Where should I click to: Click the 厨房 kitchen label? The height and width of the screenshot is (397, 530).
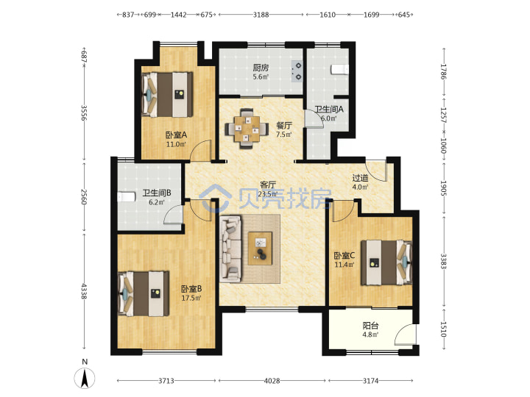tap(261, 68)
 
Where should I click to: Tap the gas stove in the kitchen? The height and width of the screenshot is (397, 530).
tap(297, 71)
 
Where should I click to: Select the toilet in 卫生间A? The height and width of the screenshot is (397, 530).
tap(339, 69)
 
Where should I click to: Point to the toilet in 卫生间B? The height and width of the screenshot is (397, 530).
tap(126, 197)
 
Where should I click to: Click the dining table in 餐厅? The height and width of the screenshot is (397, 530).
tap(247, 128)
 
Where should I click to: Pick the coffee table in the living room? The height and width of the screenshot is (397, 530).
tap(260, 248)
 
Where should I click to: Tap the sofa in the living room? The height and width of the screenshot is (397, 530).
tap(231, 248)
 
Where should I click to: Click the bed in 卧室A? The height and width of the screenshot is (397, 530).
tap(167, 95)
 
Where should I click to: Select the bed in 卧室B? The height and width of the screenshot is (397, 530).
tap(144, 293)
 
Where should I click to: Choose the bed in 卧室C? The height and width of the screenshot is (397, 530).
tap(386, 262)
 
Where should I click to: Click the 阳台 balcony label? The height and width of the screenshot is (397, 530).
tap(370, 326)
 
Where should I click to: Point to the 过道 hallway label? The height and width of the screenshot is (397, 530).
tap(360, 178)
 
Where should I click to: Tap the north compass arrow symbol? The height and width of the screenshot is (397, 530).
tap(85, 378)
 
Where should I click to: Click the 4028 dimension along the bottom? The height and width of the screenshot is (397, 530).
tap(272, 381)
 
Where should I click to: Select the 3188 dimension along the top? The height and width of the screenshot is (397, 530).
tap(261, 15)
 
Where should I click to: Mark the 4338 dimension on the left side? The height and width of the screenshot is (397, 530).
tap(84, 291)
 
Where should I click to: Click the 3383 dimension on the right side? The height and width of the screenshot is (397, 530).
tap(444, 261)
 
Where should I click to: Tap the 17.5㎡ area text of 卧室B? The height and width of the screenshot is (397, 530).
tap(191, 298)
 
